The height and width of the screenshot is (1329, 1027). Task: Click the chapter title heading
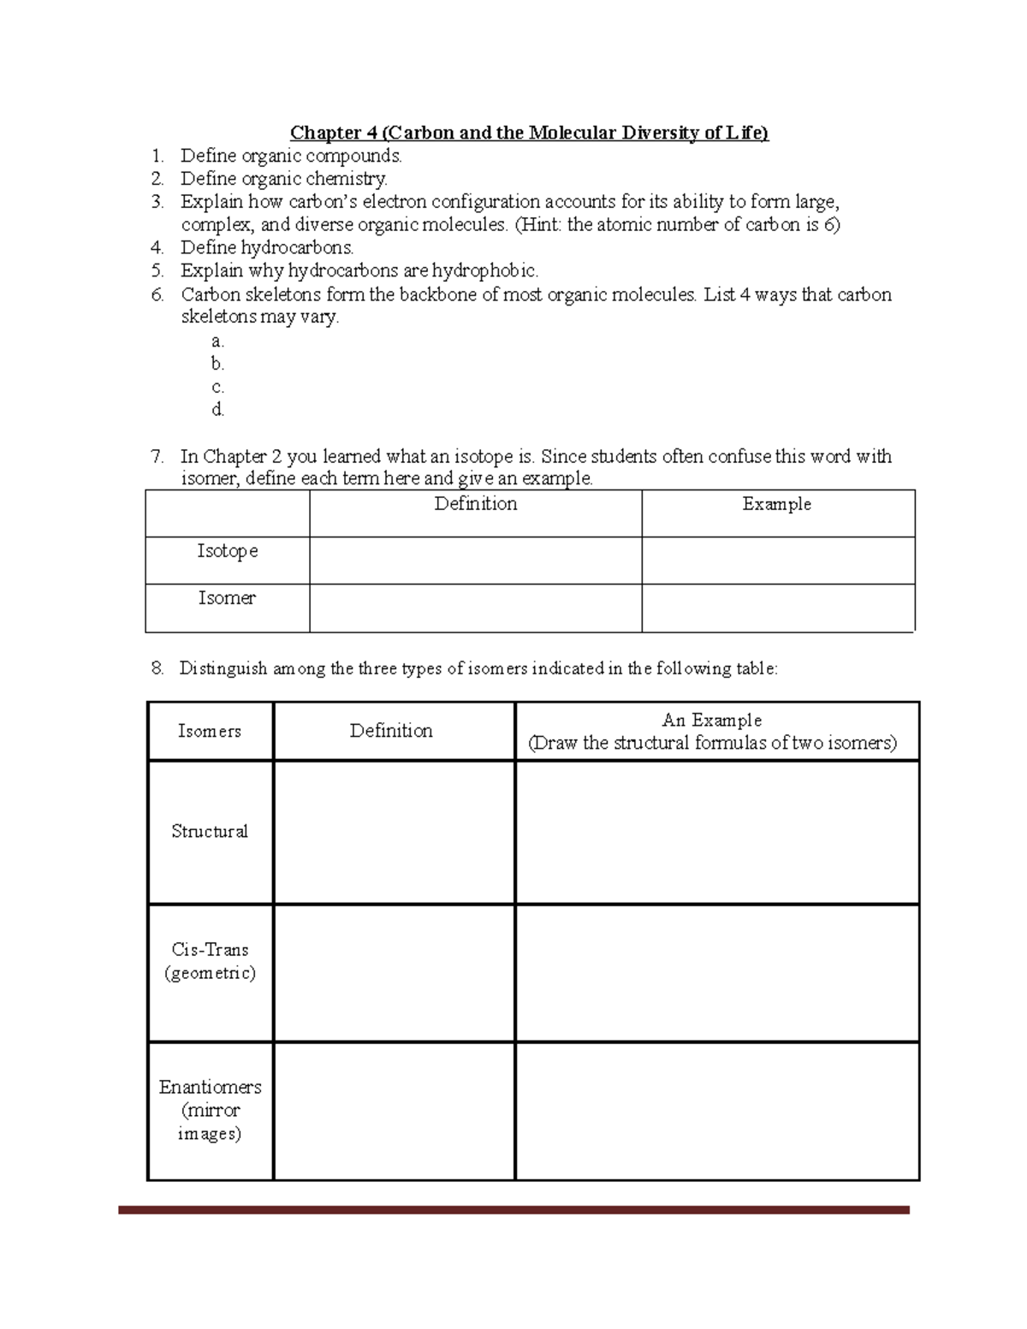(529, 133)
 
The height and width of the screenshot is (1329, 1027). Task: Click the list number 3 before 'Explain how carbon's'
(157, 203)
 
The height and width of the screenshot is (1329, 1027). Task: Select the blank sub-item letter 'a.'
(217, 341)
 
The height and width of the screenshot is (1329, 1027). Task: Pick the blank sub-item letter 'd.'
(217, 410)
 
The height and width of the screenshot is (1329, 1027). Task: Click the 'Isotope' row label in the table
(228, 551)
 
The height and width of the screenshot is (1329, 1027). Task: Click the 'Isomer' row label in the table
(227, 598)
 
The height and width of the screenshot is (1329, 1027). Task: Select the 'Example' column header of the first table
(777, 504)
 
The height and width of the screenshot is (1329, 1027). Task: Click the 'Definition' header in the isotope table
(476, 504)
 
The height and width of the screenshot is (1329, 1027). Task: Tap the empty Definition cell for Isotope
(476, 561)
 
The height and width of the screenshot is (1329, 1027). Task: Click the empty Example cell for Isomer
(777, 608)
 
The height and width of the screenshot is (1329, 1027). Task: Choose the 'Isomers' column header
(210, 731)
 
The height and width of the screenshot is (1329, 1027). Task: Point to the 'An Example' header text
(712, 721)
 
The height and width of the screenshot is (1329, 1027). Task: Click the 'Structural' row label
(210, 832)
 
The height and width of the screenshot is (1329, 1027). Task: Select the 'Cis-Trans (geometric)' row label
(210, 961)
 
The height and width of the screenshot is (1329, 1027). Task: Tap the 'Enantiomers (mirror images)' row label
(210, 1110)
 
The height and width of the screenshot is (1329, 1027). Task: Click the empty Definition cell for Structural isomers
(394, 832)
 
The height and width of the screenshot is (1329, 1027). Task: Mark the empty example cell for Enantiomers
(717, 1110)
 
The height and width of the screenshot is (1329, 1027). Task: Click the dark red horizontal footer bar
(513, 1210)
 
